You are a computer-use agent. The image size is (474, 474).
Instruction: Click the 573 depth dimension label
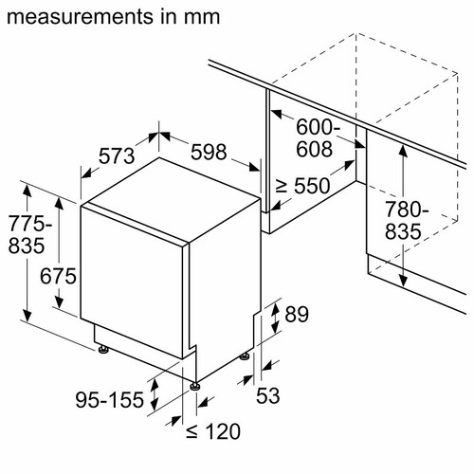tap(117, 156)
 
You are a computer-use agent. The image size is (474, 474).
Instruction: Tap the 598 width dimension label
tap(209, 152)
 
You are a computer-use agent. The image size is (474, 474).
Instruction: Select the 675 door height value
tap(58, 276)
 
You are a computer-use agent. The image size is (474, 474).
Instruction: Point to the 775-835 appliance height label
tap(29, 234)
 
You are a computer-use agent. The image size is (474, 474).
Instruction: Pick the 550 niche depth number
tap(312, 186)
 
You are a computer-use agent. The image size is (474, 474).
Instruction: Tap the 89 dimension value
tap(297, 314)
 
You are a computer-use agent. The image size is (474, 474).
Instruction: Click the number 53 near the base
tap(268, 395)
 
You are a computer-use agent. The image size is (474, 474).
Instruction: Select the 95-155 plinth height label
tap(110, 400)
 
